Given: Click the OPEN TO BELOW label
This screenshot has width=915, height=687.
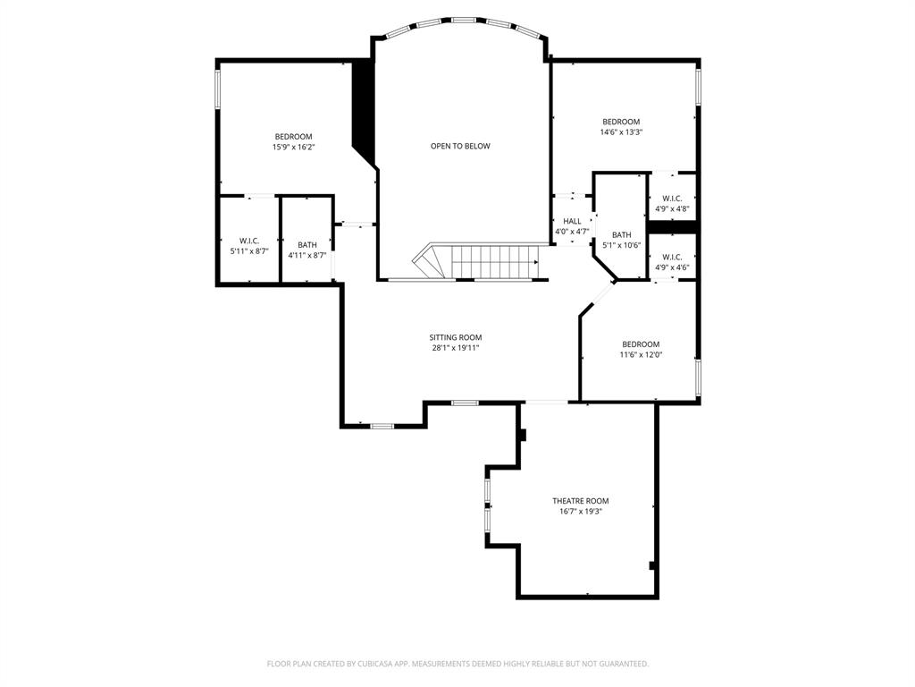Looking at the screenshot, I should (460, 146).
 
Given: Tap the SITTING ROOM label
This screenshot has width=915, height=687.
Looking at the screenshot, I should (456, 337).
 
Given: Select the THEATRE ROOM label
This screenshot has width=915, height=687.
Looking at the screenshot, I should (580, 501).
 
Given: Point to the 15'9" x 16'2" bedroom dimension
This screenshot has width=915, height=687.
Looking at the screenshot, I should (293, 147).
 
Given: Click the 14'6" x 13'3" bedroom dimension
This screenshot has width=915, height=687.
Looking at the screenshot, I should (621, 132).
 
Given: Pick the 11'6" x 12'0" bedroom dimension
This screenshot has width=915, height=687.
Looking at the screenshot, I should (641, 355).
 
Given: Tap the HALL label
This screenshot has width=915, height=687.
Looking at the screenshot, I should (572, 221).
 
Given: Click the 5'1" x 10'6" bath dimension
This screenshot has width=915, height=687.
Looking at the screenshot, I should (621, 245).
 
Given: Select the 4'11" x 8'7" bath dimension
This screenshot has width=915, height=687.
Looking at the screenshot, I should (306, 255).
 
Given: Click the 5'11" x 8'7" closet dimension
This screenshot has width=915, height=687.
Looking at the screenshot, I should (248, 251).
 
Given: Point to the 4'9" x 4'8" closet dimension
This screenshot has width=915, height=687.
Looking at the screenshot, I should (672, 209).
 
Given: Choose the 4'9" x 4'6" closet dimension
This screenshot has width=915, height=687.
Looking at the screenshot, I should (672, 267).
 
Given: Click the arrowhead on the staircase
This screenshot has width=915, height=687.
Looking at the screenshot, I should (535, 262).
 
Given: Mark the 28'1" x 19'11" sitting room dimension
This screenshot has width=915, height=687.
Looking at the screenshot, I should (456, 348).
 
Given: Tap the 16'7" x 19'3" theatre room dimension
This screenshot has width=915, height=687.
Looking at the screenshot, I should (580, 512).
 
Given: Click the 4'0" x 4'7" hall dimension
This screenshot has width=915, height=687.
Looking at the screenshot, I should (572, 232).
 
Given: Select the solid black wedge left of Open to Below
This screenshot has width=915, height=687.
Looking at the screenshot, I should (363, 107).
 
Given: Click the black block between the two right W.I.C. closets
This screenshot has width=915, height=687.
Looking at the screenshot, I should (672, 227).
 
